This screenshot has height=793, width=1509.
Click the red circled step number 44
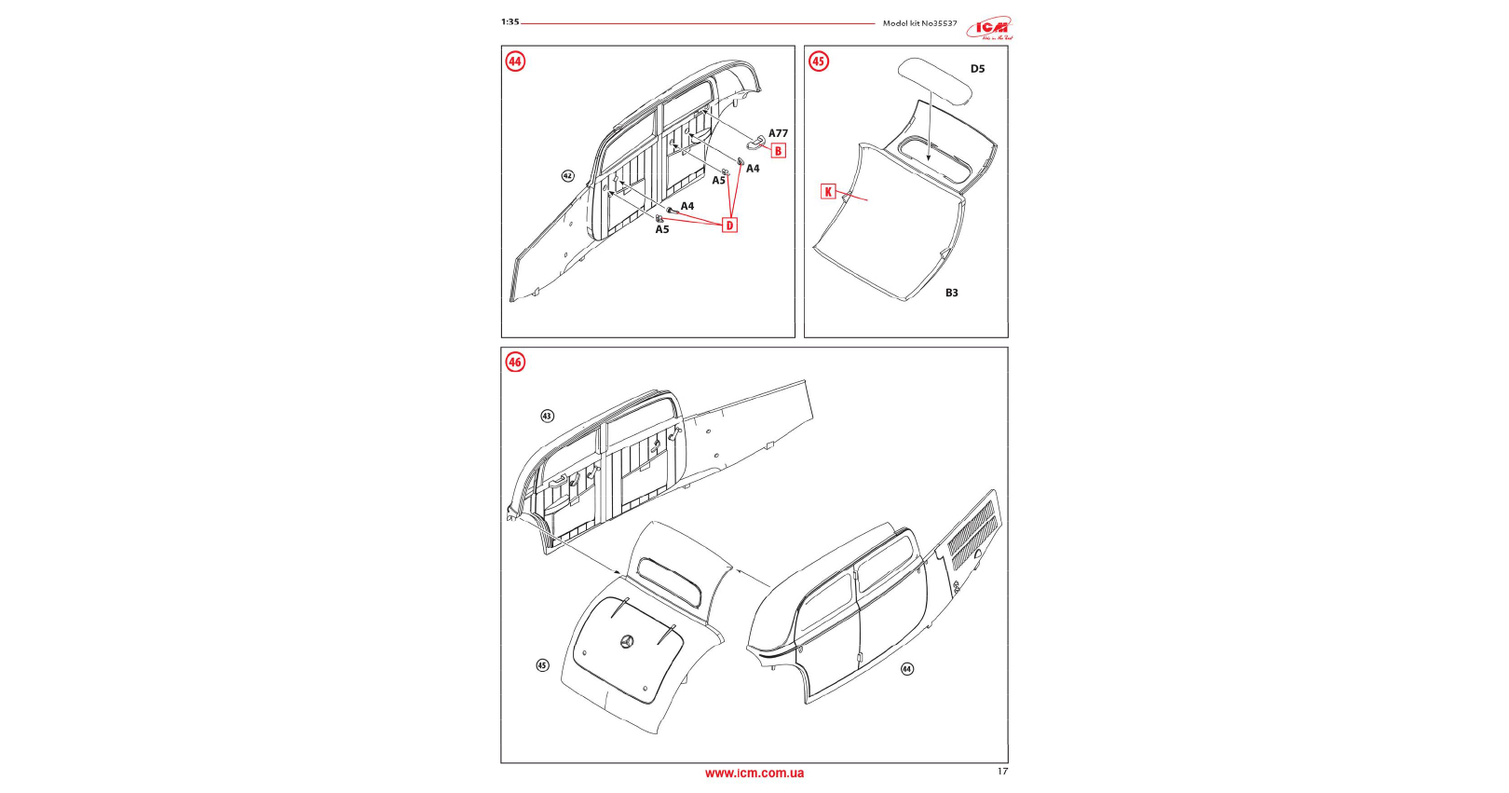[515, 62]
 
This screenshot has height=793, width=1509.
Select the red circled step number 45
[818, 62]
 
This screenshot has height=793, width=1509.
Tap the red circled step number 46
[515, 362]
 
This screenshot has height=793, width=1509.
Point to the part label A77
[778, 133]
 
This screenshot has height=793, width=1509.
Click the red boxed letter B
[778, 151]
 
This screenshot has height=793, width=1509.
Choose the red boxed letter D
[729, 226]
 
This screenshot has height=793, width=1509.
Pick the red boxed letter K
[828, 192]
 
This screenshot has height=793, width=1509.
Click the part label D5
[977, 69]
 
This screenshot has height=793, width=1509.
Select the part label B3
[951, 293]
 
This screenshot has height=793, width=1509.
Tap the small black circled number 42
[567, 176]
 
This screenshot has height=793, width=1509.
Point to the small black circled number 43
[547, 416]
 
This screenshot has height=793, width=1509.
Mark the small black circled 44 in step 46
[907, 669]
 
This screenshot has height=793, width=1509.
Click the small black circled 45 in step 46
[542, 665]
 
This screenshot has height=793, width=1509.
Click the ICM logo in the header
[989, 28]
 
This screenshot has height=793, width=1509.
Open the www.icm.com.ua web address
[754, 772]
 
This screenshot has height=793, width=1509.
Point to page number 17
[1002, 772]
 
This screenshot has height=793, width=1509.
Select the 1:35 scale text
[510, 22]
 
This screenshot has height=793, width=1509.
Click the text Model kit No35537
[919, 23]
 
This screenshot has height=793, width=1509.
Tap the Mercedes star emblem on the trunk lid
[626, 641]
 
